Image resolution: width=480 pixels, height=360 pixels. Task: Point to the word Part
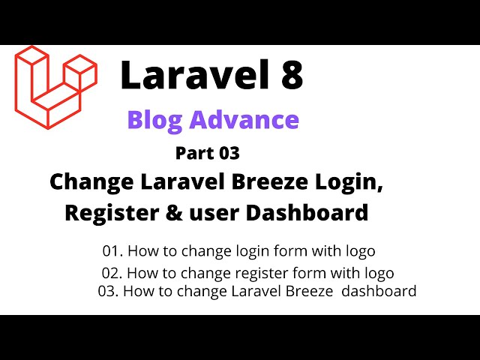(x=195, y=154)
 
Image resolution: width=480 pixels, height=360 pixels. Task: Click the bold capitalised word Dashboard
(x=307, y=213)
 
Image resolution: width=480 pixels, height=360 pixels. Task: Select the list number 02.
(x=112, y=273)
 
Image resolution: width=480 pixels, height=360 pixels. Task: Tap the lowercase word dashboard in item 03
(x=379, y=291)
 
